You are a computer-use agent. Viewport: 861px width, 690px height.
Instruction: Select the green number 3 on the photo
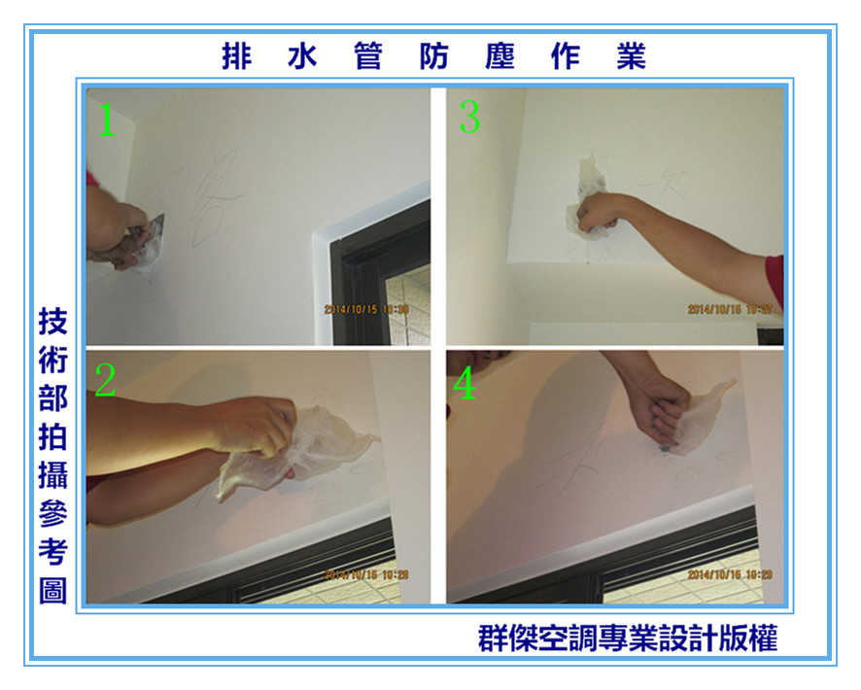[x=469, y=119]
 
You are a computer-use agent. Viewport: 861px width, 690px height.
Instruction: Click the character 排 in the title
[x=236, y=56]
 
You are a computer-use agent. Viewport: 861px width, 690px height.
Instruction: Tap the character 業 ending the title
[x=631, y=56]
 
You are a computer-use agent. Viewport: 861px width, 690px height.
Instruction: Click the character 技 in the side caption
[x=52, y=323]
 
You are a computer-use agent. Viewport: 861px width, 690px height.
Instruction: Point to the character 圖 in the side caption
[x=52, y=590]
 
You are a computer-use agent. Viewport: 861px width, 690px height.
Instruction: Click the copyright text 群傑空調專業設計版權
[x=628, y=638]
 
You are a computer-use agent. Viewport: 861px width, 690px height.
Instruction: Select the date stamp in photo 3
[x=730, y=310]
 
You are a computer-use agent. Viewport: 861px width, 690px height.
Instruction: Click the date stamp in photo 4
[x=730, y=574]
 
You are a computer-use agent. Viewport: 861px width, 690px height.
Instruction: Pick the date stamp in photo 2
[x=366, y=574]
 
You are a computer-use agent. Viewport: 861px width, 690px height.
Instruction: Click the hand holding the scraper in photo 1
[x=121, y=233]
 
